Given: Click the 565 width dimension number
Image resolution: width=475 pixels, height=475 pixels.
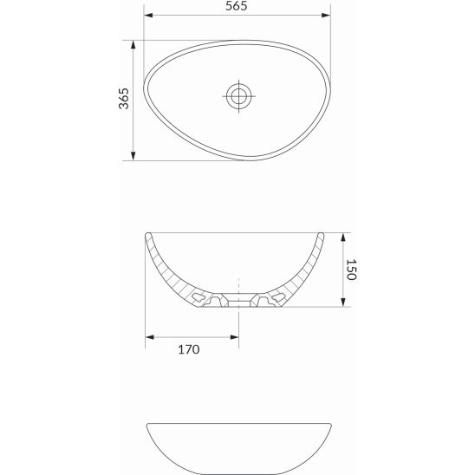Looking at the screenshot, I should (237, 5).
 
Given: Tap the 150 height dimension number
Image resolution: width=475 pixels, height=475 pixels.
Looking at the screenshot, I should (351, 269).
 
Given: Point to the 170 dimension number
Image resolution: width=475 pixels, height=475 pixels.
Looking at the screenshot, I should (189, 349).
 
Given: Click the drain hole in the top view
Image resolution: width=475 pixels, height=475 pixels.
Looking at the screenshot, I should (237, 95).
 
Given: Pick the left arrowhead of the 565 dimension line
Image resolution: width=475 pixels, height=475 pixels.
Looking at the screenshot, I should (148, 15).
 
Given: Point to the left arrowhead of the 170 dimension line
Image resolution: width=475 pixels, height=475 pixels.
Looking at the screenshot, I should (149, 336).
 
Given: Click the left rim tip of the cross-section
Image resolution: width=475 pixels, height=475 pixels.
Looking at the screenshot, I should (147, 234).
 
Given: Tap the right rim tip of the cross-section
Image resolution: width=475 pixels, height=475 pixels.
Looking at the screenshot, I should (323, 234).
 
